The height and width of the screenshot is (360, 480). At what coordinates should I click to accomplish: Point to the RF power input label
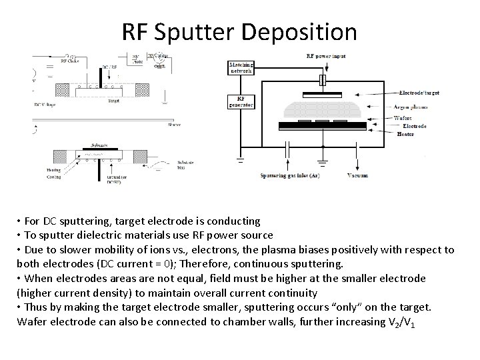click(325, 57)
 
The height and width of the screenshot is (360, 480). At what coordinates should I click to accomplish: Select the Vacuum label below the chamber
click(357, 175)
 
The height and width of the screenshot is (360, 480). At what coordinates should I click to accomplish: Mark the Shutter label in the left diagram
click(155, 123)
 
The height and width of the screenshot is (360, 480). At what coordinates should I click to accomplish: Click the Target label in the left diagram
click(114, 101)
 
